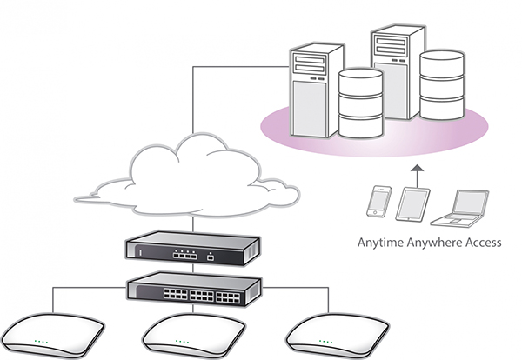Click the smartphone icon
coord(378,202)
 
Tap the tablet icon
coord(412,204)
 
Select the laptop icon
coord(460,209)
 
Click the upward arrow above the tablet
coord(417,176)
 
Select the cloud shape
coord(187,178)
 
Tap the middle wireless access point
coord(194,337)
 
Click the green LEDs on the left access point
coord(41,342)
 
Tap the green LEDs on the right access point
coord(325,342)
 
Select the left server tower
coord(317,90)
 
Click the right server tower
coord(398,71)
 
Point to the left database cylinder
coord(360,103)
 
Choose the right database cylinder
coord(442,85)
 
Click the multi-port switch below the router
coord(194,290)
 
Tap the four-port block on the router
coord(184,255)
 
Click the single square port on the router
coord(210,257)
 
